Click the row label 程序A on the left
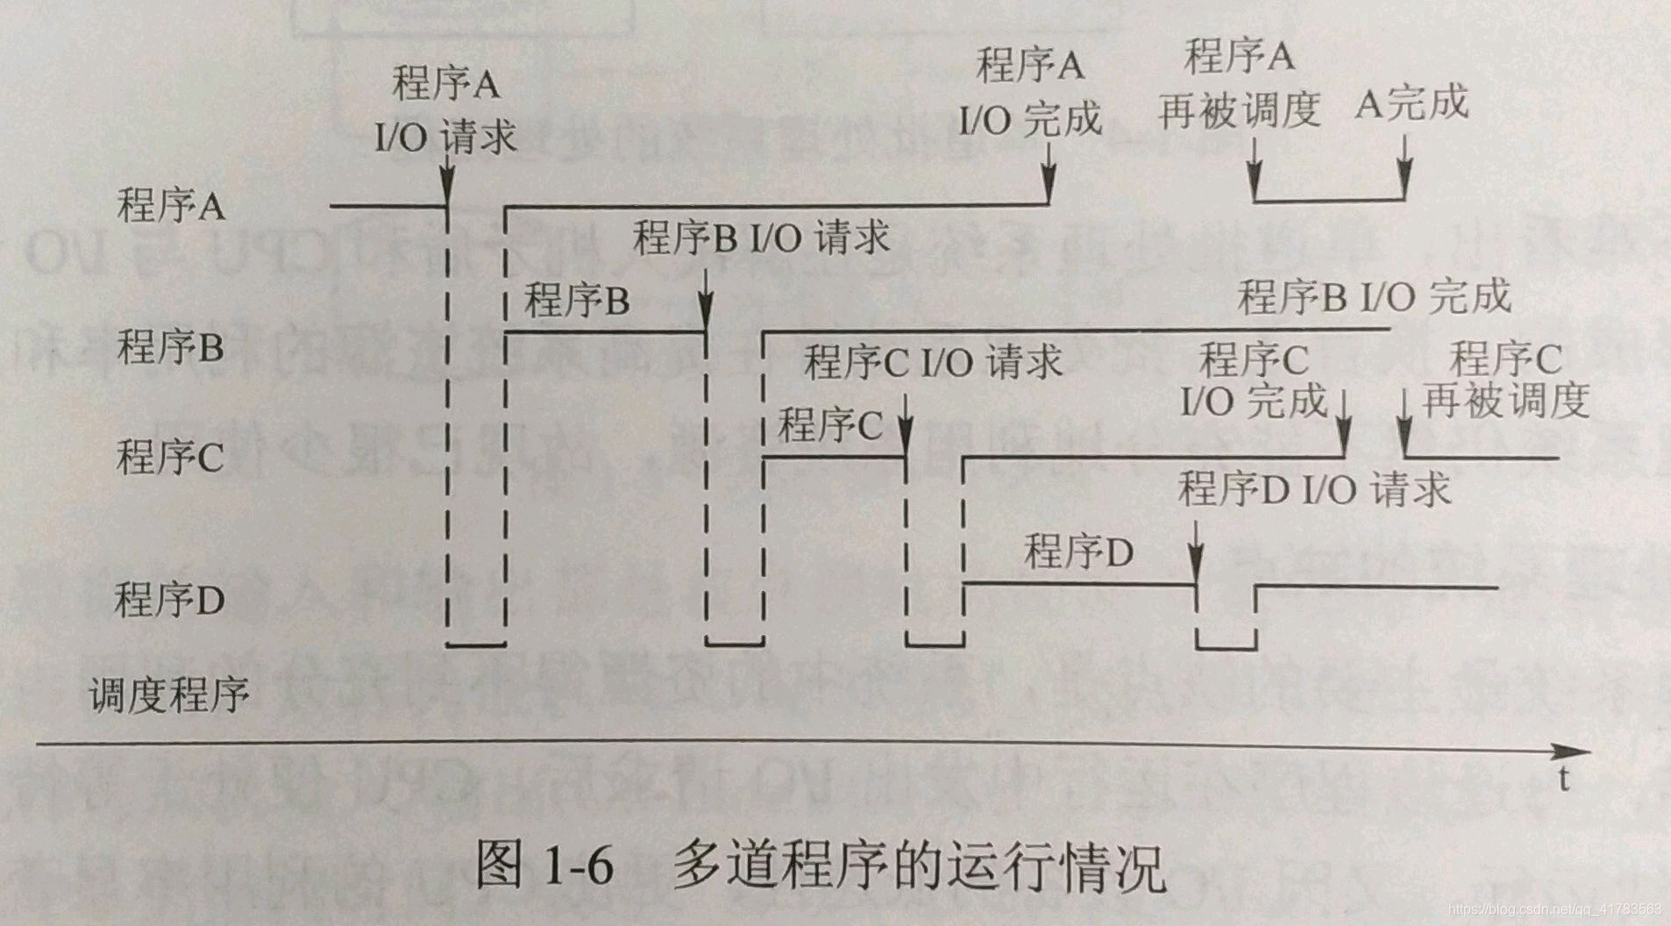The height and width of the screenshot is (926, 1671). (171, 207)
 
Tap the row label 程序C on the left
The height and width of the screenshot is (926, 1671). (171, 456)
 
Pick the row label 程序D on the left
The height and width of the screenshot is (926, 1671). (169, 600)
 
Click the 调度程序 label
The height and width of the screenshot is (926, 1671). (169, 696)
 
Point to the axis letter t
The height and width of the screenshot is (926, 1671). (1563, 778)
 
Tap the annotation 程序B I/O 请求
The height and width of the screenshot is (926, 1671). (761, 238)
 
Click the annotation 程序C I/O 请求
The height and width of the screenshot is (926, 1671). (933, 361)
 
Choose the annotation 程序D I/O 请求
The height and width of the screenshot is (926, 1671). (1314, 489)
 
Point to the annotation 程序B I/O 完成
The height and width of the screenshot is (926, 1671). (1374, 297)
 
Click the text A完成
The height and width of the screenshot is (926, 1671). (1411, 103)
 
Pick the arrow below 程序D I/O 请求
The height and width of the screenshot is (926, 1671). (1197, 552)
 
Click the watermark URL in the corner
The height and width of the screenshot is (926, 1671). (1554, 909)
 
